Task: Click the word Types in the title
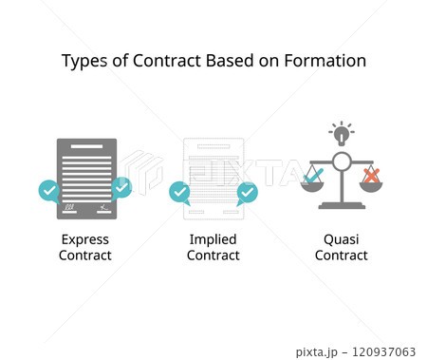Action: [x=83, y=61]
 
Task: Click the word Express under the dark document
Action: [x=85, y=239]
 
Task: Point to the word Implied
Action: [x=213, y=239]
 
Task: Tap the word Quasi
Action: [x=341, y=239]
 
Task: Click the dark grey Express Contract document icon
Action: [x=85, y=177]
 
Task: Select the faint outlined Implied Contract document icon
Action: [x=213, y=177]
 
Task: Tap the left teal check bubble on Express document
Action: [x=49, y=190]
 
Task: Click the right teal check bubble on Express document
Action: [x=121, y=187]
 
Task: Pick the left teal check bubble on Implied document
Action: [x=178, y=193]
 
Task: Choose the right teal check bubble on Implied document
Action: [x=247, y=193]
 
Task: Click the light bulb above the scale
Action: [x=341, y=132]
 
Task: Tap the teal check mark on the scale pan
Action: [x=312, y=175]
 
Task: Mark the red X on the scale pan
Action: [x=371, y=175]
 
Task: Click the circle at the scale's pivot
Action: [x=342, y=161]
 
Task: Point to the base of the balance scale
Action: [x=342, y=205]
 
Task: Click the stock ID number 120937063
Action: [x=385, y=351]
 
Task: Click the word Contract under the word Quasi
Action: [x=341, y=256]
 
